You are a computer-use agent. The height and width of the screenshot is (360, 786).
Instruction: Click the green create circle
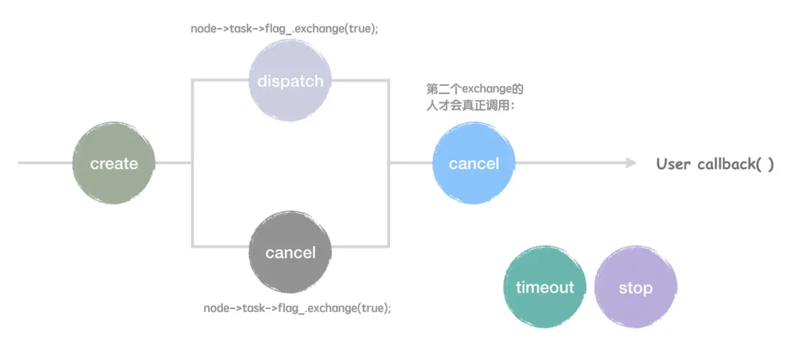114,163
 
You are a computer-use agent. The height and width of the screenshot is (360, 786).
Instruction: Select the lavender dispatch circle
290,80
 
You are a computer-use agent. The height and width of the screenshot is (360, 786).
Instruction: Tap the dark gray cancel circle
290,252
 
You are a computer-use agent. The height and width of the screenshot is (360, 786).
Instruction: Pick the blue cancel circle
474,163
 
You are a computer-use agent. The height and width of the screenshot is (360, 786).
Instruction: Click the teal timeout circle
544,287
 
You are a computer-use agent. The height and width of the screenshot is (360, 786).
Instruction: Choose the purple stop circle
636,287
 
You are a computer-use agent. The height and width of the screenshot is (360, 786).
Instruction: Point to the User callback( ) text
715,164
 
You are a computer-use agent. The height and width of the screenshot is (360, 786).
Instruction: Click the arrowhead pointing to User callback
630,163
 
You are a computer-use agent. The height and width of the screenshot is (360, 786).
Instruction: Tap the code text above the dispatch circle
284,29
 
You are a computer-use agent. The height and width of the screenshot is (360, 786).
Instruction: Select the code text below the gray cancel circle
297,307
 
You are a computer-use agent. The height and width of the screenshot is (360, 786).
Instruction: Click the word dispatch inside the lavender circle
290,81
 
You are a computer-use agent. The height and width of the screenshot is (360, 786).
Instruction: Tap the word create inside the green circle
114,163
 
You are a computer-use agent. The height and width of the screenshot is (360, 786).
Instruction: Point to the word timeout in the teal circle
544,287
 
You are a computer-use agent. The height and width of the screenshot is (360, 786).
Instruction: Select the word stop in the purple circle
636,288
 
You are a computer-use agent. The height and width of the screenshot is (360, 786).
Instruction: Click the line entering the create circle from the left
45,163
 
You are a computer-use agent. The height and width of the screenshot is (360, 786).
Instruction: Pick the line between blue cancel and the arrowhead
570,163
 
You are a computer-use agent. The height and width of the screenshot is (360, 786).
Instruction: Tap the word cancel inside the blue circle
474,163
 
